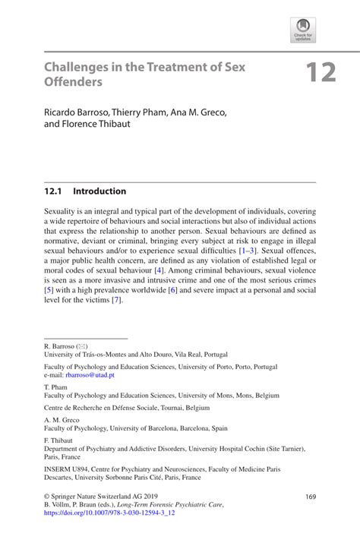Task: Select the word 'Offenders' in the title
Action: click(71, 82)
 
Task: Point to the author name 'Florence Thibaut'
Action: click(98, 125)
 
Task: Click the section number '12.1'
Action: click(54, 191)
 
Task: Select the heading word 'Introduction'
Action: click(99, 191)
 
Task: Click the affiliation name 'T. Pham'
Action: click(58, 386)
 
